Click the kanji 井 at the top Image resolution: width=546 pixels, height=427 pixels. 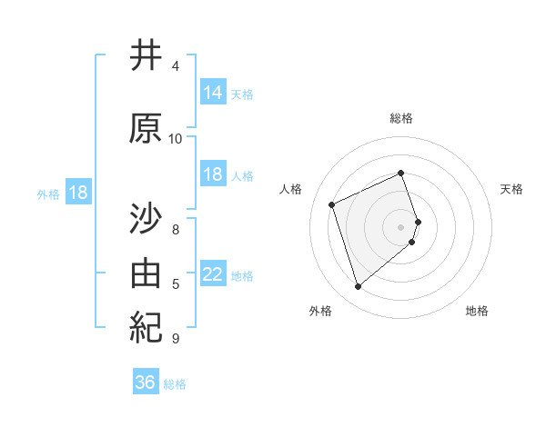coord(145,56)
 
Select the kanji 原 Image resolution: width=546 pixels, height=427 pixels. coord(145,129)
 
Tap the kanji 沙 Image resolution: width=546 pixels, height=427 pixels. coord(145,219)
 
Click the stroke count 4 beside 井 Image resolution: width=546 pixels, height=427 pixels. coord(176,66)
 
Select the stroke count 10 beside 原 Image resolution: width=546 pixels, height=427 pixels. coord(176,139)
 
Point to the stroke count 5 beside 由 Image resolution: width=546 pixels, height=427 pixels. coord(176,284)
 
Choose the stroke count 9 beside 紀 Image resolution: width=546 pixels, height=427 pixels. coord(176,339)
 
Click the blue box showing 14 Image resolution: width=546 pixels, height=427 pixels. coord(213,92)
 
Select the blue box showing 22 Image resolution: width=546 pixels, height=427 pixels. coord(213,273)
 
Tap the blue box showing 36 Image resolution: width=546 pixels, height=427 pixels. coord(146,382)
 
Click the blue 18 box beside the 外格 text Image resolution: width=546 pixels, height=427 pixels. coord(77,193)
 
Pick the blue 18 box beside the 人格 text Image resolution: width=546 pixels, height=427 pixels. coord(213,174)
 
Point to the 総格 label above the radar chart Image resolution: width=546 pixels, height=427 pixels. coord(401,118)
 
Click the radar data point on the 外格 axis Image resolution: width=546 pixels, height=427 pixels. coord(358,287)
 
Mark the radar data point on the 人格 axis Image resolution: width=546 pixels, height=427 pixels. coord(332,204)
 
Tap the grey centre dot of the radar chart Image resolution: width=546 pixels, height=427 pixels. coord(401,226)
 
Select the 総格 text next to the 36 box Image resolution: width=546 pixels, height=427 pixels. coord(176,384)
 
